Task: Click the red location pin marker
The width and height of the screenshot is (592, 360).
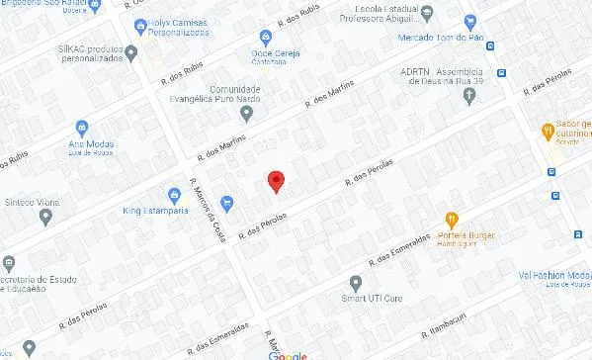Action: [277, 182]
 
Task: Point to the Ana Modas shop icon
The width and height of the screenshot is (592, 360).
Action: [82, 128]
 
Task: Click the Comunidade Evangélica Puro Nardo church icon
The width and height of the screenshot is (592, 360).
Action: [247, 113]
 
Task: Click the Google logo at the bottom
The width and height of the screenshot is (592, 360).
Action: [289, 354]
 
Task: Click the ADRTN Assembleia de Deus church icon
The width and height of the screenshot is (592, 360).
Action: [468, 95]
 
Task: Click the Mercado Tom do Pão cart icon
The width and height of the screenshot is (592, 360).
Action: [470, 21]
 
